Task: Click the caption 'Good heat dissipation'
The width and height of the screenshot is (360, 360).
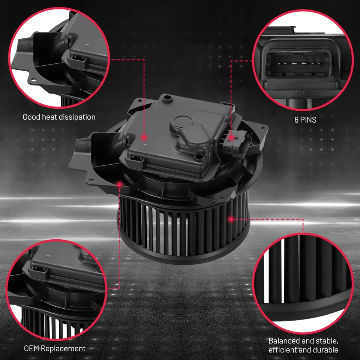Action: point(59,117)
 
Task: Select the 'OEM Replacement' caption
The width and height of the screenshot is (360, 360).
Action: point(55,348)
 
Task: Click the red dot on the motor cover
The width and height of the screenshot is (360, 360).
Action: point(144,138)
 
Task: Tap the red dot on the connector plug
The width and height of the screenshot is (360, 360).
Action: point(231,138)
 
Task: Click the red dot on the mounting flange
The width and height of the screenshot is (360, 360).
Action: point(120,184)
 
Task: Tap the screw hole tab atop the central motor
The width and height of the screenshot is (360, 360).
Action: point(168,99)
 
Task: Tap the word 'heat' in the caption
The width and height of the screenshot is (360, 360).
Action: point(48,117)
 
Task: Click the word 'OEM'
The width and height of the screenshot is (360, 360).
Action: point(32,348)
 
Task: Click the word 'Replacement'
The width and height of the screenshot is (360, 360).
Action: point(63,348)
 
